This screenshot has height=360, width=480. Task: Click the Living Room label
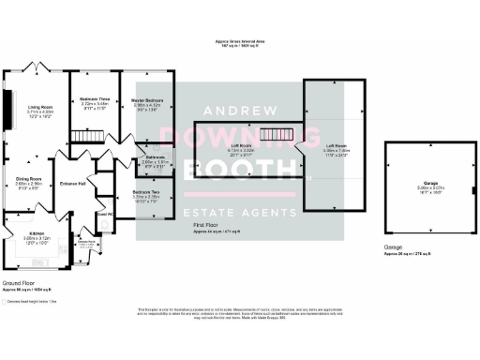[40, 107]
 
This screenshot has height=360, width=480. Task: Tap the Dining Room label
[28, 177]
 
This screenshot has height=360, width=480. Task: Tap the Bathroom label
[154, 157]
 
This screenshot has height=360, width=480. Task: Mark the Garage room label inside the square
[430, 183]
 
